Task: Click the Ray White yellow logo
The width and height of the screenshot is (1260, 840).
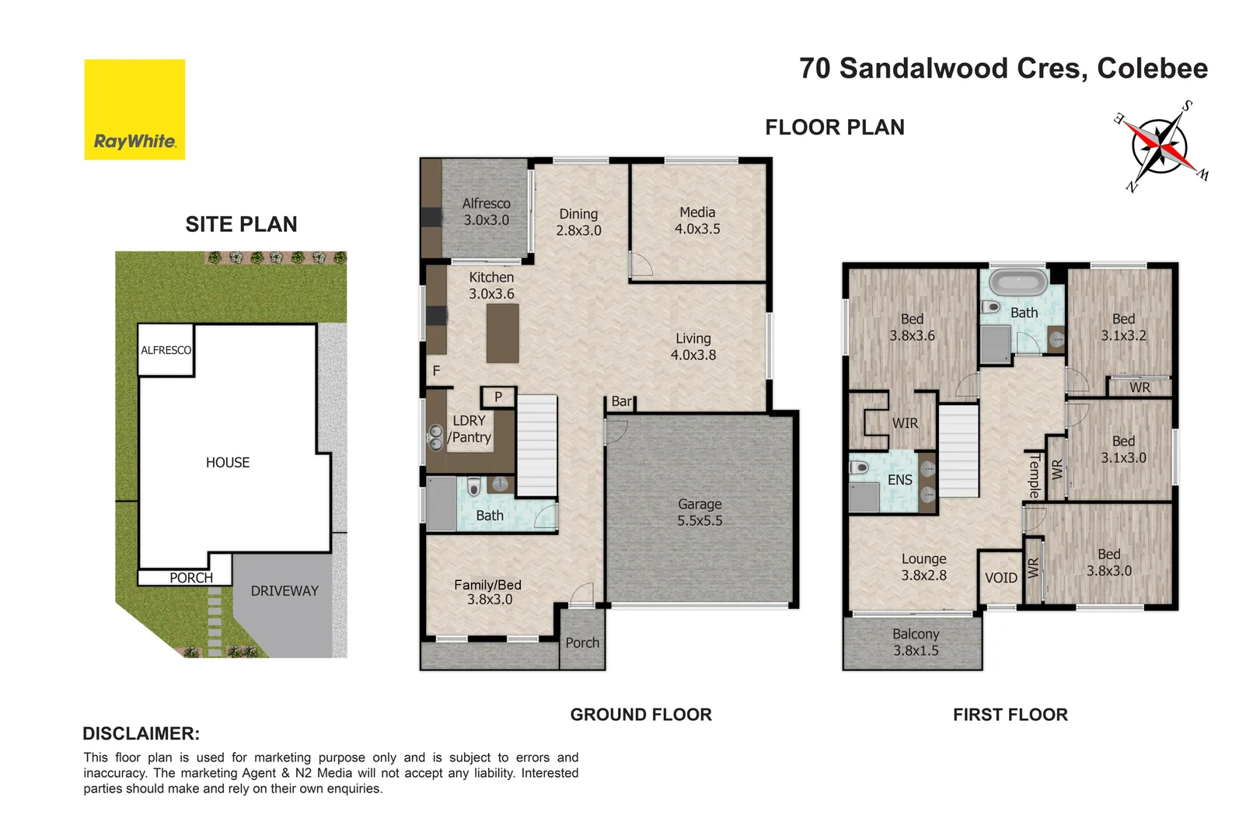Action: click(x=134, y=110)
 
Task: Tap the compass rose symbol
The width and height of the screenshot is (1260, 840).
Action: click(x=1159, y=146)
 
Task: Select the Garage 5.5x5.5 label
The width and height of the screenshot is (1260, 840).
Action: click(x=700, y=513)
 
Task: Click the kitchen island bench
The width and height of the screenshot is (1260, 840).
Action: click(x=502, y=333)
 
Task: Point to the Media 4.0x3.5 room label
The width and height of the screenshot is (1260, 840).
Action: click(x=697, y=220)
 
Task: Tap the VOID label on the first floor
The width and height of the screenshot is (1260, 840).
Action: click(x=1000, y=578)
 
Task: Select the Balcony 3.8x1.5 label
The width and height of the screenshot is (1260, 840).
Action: click(x=916, y=642)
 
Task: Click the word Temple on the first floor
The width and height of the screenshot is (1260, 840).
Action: click(x=1034, y=476)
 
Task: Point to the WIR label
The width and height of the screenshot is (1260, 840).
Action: click(x=905, y=423)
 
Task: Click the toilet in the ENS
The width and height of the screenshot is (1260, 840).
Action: click(x=859, y=468)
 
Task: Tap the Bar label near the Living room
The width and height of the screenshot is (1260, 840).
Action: click(x=621, y=401)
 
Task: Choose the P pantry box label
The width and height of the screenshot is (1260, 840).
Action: click(x=498, y=397)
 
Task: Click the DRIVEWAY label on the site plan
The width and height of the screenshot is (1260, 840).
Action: click(x=284, y=591)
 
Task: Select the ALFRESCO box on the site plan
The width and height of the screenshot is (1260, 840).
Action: click(x=166, y=350)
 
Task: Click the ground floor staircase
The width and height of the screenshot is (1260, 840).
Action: click(x=537, y=445)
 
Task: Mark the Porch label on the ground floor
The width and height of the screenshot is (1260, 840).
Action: click(x=582, y=643)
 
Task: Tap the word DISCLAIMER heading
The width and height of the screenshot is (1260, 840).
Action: click(x=141, y=733)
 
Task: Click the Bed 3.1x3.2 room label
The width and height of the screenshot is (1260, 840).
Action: click(x=1123, y=327)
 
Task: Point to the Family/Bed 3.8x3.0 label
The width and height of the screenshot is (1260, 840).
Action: click(x=488, y=592)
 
